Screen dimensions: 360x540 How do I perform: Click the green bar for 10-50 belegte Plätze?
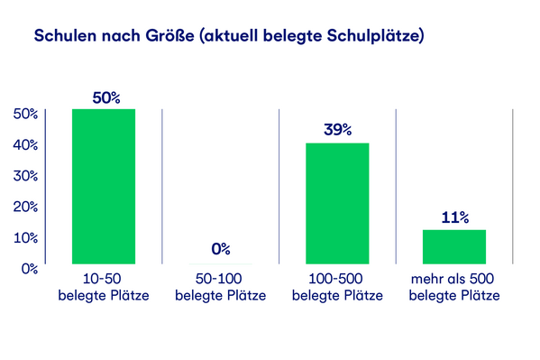tap(103, 186)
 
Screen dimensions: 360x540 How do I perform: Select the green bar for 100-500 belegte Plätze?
tap(337, 203)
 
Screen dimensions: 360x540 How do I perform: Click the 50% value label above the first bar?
tap(104, 97)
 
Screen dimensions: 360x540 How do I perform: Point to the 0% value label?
tap(221, 248)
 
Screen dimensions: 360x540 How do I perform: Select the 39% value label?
tap(337, 130)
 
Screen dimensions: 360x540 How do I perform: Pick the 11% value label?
tap(454, 217)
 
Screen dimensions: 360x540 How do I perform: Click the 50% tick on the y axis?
tap(24, 114)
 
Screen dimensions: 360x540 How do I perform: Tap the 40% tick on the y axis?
tap(24, 144)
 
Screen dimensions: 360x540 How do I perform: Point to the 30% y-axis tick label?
tap(24, 175)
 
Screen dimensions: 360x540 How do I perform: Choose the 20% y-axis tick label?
tap(24, 207)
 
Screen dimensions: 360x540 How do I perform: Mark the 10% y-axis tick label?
tap(24, 237)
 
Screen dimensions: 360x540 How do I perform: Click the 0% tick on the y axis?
tap(28, 268)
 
